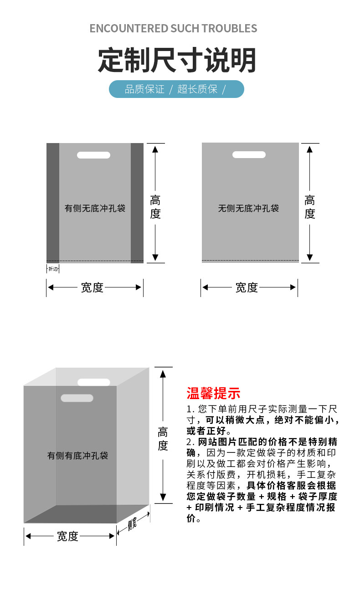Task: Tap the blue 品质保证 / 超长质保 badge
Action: (x=176, y=89)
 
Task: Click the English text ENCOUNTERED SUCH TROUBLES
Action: (x=173, y=28)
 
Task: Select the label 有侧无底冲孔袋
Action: (x=95, y=209)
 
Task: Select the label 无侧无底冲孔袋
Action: (x=248, y=209)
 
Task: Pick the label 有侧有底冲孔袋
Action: (x=78, y=456)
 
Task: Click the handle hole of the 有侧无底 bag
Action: (x=93, y=155)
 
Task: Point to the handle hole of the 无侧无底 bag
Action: (x=249, y=155)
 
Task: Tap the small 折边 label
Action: (x=53, y=269)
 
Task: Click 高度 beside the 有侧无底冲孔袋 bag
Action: (x=155, y=207)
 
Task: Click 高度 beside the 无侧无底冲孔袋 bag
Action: (x=310, y=207)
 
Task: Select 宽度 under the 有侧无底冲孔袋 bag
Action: (x=92, y=287)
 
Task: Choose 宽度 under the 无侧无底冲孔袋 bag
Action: (x=247, y=287)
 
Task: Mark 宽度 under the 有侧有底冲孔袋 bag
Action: (x=68, y=536)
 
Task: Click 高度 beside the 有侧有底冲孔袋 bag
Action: (x=163, y=439)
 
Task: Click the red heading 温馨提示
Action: (x=213, y=393)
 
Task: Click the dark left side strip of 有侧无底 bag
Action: (x=53, y=203)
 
